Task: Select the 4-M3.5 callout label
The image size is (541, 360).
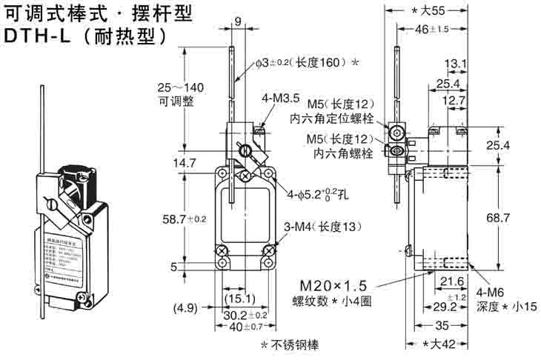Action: click(282, 97)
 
